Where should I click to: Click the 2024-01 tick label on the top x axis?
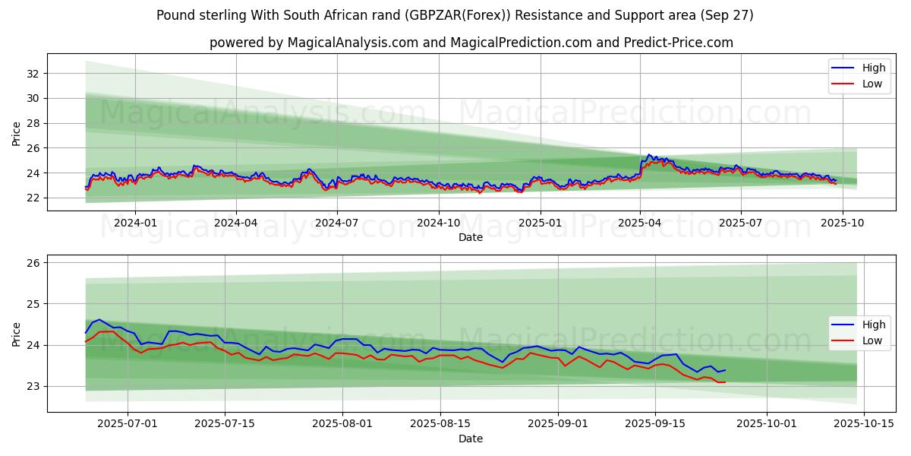[x=135, y=223]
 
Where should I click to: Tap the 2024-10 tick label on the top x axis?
[x=438, y=223]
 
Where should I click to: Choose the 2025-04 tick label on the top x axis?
[x=640, y=223]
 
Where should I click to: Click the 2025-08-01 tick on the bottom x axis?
[x=342, y=424]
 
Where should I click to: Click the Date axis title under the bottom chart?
[x=471, y=439]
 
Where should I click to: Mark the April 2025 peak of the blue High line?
[x=648, y=154]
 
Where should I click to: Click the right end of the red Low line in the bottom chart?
[x=725, y=382]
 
